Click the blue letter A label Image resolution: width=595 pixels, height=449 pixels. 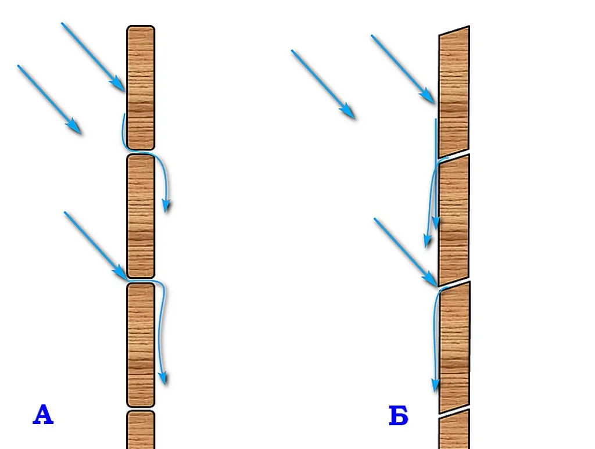point(43,415)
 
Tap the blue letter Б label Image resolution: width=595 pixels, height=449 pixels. point(399,415)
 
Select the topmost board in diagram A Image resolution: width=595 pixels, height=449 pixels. point(141,88)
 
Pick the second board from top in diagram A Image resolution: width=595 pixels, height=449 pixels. point(141,216)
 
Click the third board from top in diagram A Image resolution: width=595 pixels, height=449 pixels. point(141,344)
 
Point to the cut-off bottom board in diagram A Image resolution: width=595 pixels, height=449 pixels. point(141,430)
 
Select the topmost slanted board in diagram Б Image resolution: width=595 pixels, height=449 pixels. point(454,92)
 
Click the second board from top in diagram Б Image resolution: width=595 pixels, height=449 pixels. point(454,220)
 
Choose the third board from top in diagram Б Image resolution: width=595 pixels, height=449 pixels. point(454,347)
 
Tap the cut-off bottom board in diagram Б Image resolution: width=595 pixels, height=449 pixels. point(454,430)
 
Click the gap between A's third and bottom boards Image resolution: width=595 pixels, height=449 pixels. point(141,409)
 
